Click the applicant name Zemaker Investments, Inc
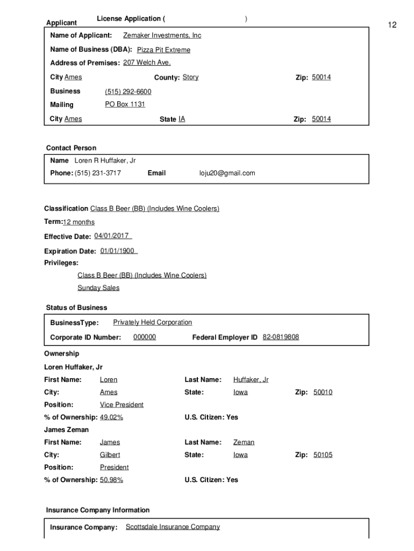[162, 36]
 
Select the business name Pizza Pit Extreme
[163, 50]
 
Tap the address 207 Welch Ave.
[147, 63]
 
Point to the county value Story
[190, 77]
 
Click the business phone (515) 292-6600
[128, 92]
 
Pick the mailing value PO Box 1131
[125, 104]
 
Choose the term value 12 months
[78, 222]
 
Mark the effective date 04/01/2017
[113, 236]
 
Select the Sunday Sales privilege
[98, 288]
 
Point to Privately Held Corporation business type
[152, 322]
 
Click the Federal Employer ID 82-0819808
[281, 337]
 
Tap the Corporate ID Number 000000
[145, 337]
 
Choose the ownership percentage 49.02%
[111, 418]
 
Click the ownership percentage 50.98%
[111, 480]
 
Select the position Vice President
[122, 405]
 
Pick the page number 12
[392, 25]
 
